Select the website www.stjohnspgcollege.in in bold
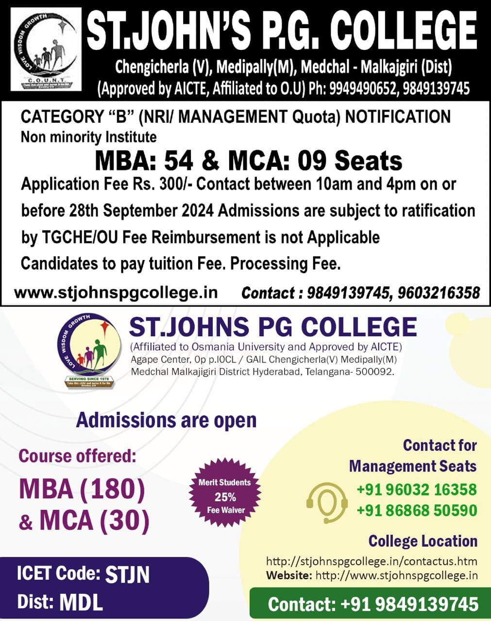tap(116, 293)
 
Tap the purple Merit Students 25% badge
tap(224, 496)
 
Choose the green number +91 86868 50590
tap(417, 510)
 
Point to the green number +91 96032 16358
tap(417, 490)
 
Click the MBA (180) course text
tap(82, 490)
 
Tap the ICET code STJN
tap(128, 575)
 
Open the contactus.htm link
tap(372, 561)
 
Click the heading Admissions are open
tap(166, 420)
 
